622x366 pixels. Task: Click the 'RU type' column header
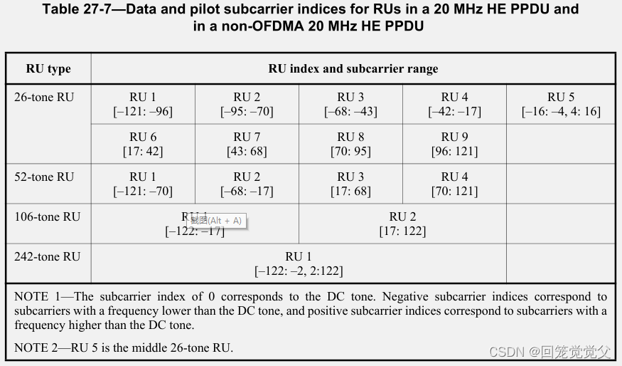[x=48, y=69]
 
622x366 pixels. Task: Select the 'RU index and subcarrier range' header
[x=353, y=69]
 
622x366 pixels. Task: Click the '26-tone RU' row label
[x=44, y=97]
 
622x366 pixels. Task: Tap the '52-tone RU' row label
[x=44, y=177]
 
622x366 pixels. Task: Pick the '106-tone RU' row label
[x=47, y=216]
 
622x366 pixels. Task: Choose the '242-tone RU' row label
[x=47, y=256]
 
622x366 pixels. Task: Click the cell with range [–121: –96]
[x=143, y=105]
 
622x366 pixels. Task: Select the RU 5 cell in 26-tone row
[x=560, y=105]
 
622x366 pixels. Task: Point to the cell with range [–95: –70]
[x=247, y=105]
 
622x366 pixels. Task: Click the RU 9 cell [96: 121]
[x=454, y=145]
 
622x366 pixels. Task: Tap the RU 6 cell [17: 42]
[x=143, y=145]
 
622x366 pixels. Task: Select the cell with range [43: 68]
[x=247, y=145]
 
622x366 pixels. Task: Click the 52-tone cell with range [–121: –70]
[x=143, y=184]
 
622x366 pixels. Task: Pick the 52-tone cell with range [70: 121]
[x=454, y=184]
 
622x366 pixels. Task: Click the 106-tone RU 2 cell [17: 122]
[x=402, y=224]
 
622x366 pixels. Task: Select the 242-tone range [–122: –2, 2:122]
[x=299, y=264]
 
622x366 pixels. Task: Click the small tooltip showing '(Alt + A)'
[x=215, y=221]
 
